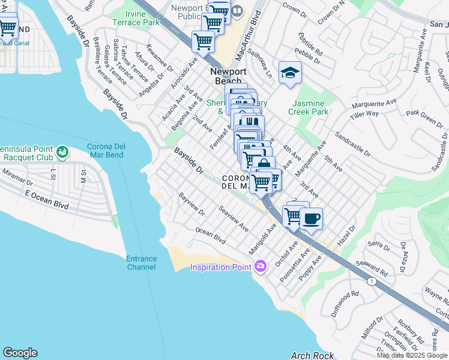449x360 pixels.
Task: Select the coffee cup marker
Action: pyautogui.click(x=310, y=219)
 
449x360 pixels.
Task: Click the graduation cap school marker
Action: pyautogui.click(x=291, y=73)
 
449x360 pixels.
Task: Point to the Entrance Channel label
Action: pyautogui.click(x=141, y=263)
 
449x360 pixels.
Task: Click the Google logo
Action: pyautogui.click(x=20, y=353)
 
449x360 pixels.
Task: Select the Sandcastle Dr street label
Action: pyautogui.click(x=353, y=145)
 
